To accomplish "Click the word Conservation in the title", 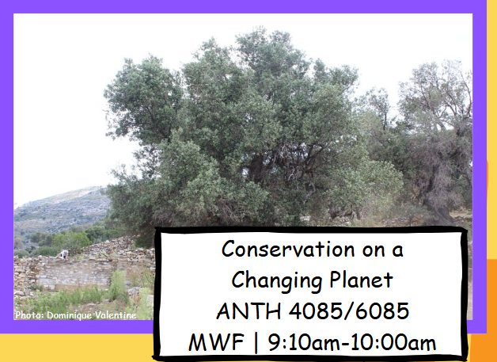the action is pyautogui.click(x=288, y=249).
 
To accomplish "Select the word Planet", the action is pyautogui.click(x=361, y=280).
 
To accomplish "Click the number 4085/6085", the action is pyautogui.click(x=349, y=311).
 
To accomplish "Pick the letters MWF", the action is pyautogui.click(x=217, y=342).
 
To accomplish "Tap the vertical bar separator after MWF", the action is pyautogui.click(x=256, y=342).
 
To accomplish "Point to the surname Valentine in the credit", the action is pyautogui.click(x=116, y=315).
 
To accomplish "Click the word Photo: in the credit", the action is pyautogui.click(x=30, y=315).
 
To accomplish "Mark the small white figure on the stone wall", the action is pyautogui.click(x=64, y=253).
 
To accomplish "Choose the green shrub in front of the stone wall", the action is pyautogui.click(x=118, y=285).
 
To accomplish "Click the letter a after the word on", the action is pyautogui.click(x=397, y=250).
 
